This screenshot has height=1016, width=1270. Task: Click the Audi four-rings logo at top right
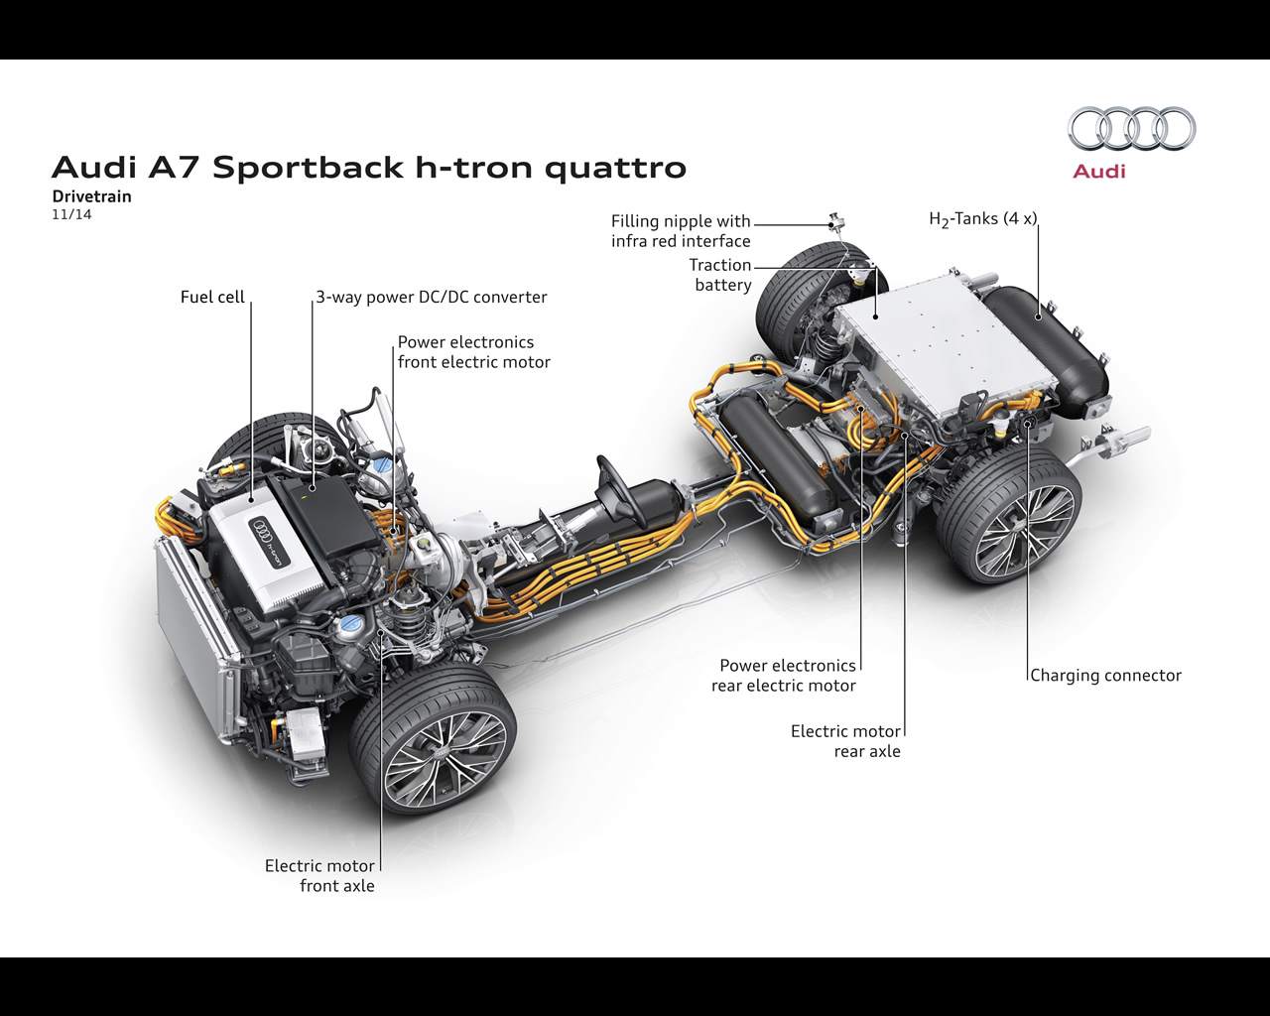click(1131, 129)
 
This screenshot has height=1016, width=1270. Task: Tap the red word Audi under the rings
click(1099, 172)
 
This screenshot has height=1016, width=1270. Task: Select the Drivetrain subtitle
click(91, 196)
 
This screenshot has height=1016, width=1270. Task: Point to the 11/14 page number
click(71, 214)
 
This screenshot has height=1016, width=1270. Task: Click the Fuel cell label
click(212, 297)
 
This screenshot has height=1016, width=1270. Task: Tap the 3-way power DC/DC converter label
click(432, 297)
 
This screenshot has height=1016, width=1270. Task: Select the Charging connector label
click(1105, 676)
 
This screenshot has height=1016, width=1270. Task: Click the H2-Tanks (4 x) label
click(982, 219)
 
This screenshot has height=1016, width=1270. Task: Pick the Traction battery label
click(721, 275)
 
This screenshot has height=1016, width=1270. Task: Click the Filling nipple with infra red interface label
click(681, 231)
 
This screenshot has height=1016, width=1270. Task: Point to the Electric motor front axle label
click(320, 876)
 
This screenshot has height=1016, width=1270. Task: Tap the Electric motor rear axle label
click(846, 741)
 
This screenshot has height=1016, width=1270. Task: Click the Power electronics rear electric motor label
click(785, 676)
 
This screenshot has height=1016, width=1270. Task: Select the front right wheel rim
click(444, 759)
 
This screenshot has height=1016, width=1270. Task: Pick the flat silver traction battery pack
click(943, 347)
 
